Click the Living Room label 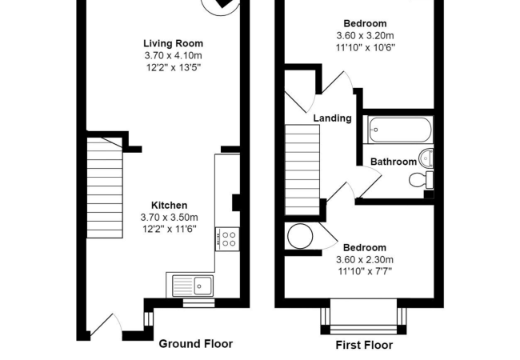(x=173, y=43)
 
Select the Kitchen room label (x=169, y=206)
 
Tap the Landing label (x=332, y=118)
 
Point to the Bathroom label (x=390, y=161)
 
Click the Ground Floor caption (x=196, y=344)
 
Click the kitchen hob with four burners (x=227, y=238)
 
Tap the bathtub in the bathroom (x=399, y=130)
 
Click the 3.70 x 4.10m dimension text (x=173, y=55)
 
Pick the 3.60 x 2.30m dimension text (x=366, y=259)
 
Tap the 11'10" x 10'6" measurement (x=365, y=47)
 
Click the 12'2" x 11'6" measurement (x=169, y=229)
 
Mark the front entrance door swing (x=105, y=324)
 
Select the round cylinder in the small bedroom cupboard (x=302, y=237)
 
